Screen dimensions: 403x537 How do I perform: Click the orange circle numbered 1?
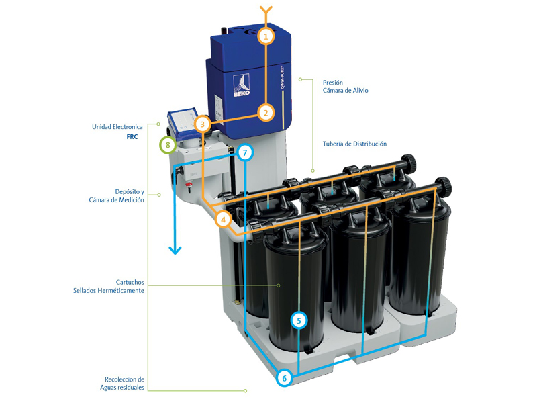tap(266, 36)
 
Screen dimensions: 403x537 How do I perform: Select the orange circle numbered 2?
tap(266, 113)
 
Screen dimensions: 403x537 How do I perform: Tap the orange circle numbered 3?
tap(203, 124)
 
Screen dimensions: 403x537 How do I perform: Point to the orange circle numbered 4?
tap(224, 219)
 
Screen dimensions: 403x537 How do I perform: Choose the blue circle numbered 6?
tap(284, 379)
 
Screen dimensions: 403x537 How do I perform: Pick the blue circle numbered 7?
tap(245, 153)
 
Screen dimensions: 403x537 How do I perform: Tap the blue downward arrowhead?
tap(175, 249)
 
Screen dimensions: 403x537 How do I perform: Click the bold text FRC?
tap(132, 137)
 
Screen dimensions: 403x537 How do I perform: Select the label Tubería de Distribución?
tap(354, 144)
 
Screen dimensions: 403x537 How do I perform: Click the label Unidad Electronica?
tap(117, 126)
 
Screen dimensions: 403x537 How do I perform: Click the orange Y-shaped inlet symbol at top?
tap(266, 11)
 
